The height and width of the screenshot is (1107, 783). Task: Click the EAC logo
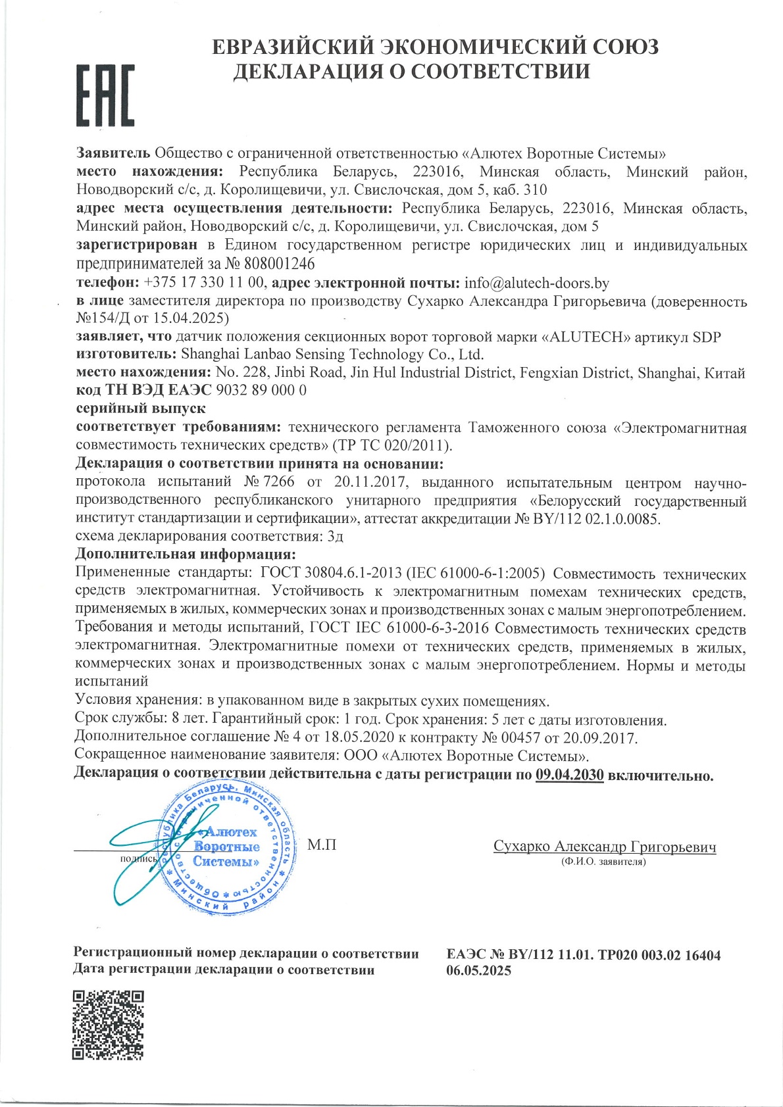point(106,95)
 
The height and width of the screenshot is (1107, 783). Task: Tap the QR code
point(107,1025)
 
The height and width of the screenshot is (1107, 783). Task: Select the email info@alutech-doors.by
point(537,283)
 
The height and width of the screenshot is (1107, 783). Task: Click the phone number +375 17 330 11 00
point(203,283)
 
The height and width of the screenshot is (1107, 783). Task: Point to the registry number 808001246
point(279,264)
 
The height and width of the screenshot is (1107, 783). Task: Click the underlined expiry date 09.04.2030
point(569,775)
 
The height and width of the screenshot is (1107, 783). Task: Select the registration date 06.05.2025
point(478,970)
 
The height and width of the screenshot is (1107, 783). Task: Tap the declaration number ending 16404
point(583,954)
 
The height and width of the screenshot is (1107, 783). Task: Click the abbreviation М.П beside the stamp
point(322,845)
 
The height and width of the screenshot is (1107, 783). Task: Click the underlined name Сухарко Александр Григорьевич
point(604,847)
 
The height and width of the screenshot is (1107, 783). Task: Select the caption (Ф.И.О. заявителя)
point(603,861)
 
